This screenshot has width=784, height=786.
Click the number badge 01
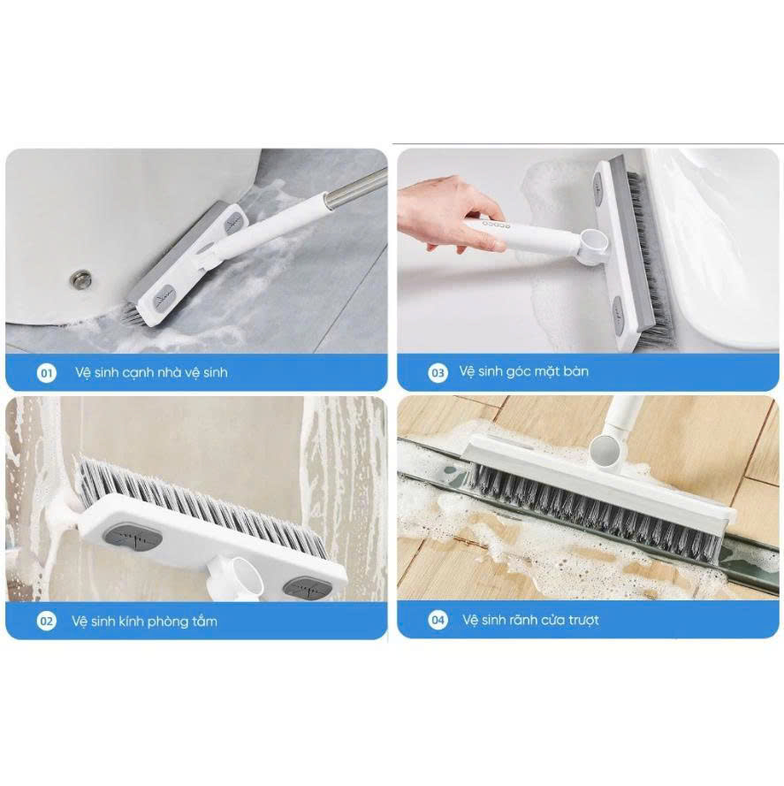pyautogui.click(x=47, y=373)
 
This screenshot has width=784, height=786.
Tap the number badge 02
pyautogui.click(x=46, y=622)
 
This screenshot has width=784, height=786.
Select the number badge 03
pyautogui.click(x=438, y=372)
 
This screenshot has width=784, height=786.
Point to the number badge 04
pyautogui.click(x=438, y=620)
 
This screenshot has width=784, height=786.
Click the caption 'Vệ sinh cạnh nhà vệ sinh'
pyautogui.click(x=151, y=372)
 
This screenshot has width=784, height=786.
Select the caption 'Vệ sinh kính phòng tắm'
pyautogui.click(x=144, y=622)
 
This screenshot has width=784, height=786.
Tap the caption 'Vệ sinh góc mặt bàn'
pyautogui.click(x=524, y=372)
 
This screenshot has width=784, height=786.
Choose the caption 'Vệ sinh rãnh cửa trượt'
pyautogui.click(x=531, y=620)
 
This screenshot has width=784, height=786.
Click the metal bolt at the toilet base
pyautogui.click(x=81, y=276)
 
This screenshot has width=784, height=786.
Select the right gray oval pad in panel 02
pyautogui.click(x=307, y=587)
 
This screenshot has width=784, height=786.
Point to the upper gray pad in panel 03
pyautogui.click(x=598, y=189)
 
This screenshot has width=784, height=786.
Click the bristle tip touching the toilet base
pyautogui.click(x=132, y=315)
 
